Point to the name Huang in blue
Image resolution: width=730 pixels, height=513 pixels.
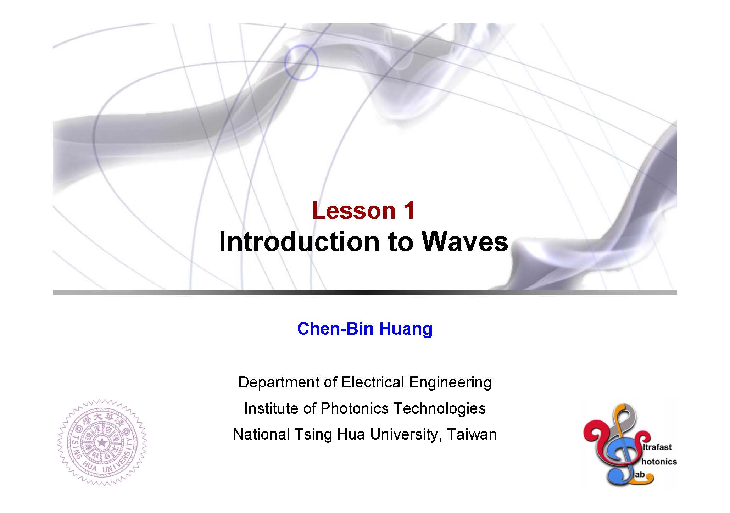point(406,329)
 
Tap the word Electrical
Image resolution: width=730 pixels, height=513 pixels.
point(372,382)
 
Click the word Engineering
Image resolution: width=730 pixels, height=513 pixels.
point(450,383)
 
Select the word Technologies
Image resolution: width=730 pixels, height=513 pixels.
point(440,409)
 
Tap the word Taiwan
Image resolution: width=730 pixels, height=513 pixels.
point(472,434)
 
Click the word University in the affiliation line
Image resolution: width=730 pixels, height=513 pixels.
point(403,435)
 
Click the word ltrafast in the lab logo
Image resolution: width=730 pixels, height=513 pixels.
point(659,447)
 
